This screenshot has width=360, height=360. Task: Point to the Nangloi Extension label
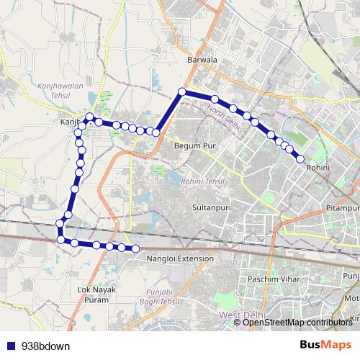(x=179, y=258)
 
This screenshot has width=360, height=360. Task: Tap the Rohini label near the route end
(x=318, y=167)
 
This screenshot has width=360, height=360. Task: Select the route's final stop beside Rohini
(x=300, y=159)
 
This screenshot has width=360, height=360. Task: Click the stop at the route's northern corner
(x=183, y=91)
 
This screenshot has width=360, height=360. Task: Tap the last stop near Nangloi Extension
(x=135, y=248)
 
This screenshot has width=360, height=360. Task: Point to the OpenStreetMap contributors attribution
(x=297, y=322)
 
